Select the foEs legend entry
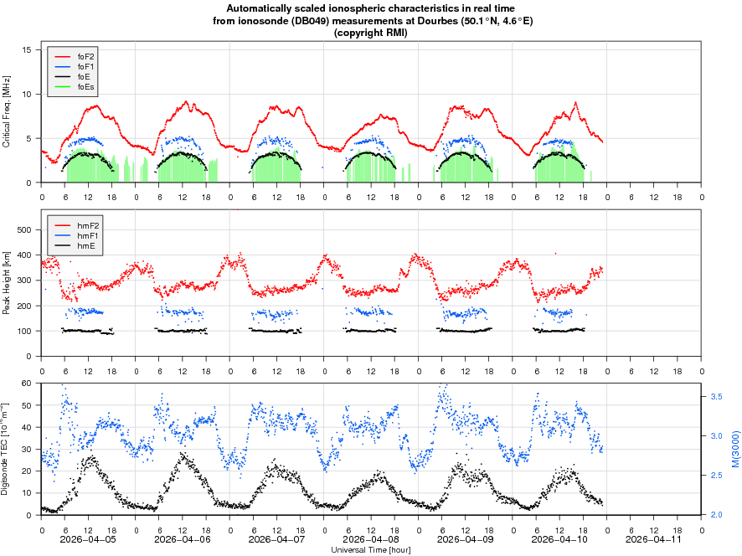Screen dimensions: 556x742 85,86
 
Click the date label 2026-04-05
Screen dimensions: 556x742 88,541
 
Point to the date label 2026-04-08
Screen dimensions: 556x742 371,541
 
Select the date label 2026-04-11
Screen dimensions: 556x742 655,541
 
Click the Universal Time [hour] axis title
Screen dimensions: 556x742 371,550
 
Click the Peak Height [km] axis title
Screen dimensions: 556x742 7,286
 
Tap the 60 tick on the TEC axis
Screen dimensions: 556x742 27,384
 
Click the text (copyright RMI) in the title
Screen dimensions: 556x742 370,33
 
